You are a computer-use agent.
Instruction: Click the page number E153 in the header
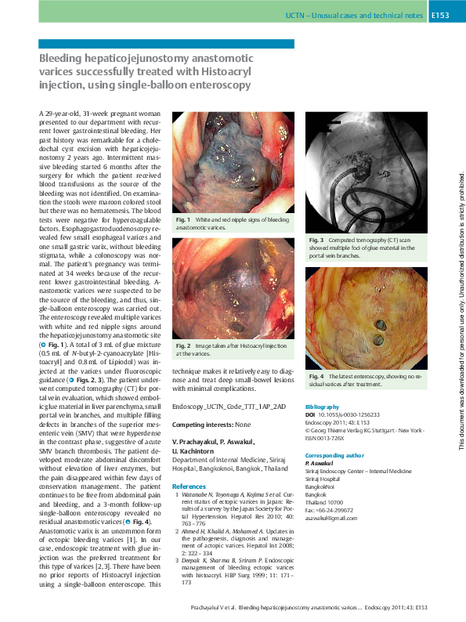[x=439, y=16]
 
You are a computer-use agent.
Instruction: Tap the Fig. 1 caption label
[x=182, y=220]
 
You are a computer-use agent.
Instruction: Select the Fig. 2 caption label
[x=182, y=345]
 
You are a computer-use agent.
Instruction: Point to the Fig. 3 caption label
[x=315, y=239]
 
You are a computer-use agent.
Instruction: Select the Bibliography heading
[x=322, y=408]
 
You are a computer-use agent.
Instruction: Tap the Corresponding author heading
[x=334, y=454]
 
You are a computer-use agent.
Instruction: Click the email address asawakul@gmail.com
[x=331, y=519]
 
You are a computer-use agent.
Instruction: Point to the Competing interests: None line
[x=211, y=424]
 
